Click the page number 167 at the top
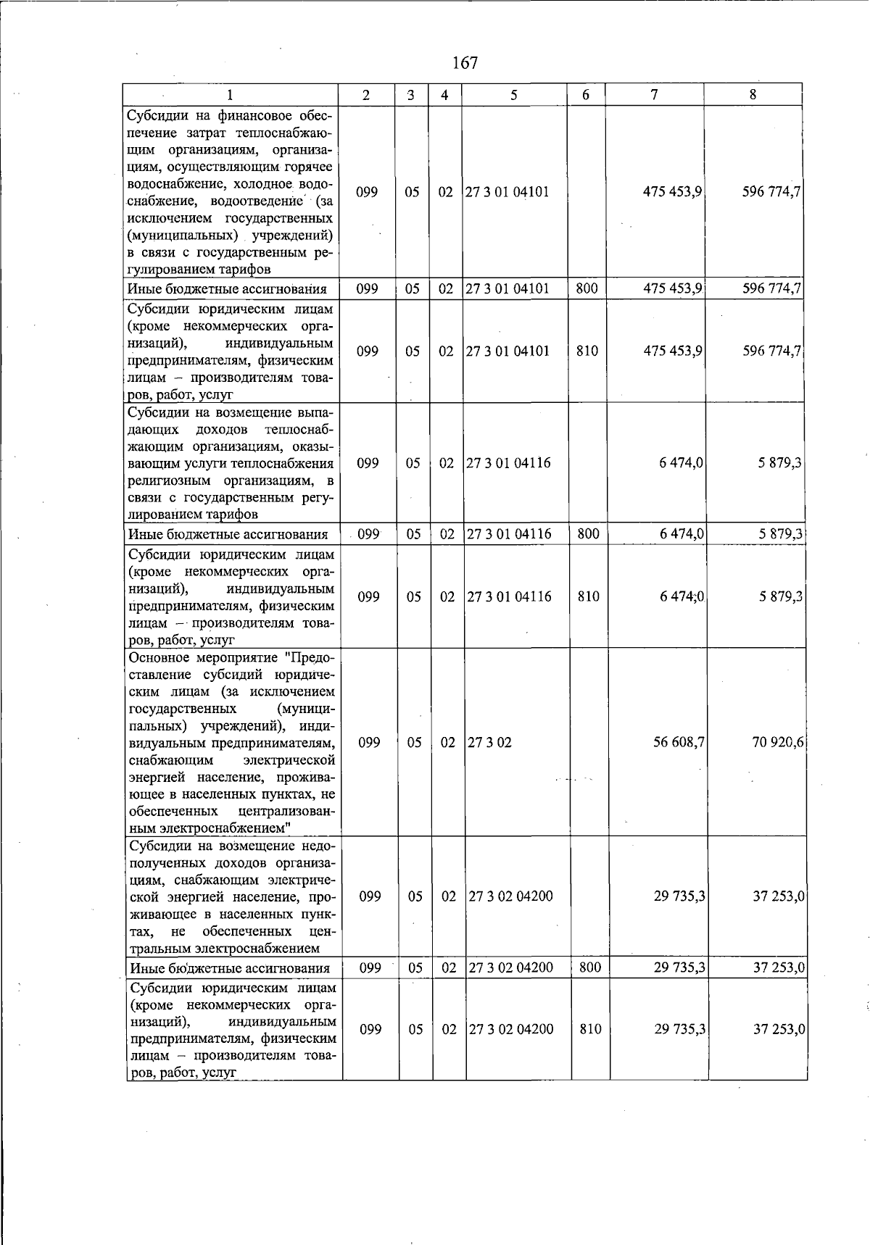(x=465, y=63)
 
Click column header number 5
(x=513, y=95)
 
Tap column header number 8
(x=753, y=94)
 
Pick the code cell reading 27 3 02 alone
(x=490, y=742)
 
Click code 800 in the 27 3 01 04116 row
(x=587, y=534)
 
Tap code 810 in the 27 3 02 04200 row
(x=590, y=1029)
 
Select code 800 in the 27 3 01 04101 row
(x=587, y=288)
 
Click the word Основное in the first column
(x=159, y=658)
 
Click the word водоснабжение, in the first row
(x=175, y=184)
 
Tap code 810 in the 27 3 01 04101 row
(x=587, y=351)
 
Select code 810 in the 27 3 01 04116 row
(x=588, y=596)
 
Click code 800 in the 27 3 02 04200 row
(x=590, y=967)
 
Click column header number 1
(x=231, y=95)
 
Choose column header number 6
(x=586, y=95)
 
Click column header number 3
(x=411, y=95)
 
